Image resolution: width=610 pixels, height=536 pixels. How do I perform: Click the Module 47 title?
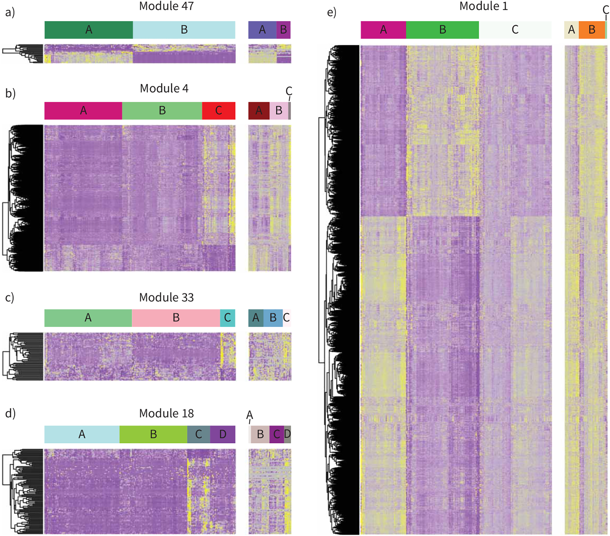166,6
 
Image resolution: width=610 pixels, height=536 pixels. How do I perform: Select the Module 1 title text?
483,6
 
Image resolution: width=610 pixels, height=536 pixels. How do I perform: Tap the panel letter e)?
331,12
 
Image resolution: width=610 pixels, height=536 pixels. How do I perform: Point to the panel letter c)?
10,297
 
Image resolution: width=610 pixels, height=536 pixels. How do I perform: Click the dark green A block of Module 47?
89,30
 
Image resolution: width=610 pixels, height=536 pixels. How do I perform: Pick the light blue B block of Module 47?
184,30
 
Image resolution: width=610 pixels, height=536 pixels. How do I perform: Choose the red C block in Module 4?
219,111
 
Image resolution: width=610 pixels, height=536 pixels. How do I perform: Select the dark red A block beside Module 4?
259,111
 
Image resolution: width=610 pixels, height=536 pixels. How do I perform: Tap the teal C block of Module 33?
227,318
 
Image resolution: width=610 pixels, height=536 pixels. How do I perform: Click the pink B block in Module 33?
176,318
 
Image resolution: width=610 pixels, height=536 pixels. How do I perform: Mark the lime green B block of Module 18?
153,434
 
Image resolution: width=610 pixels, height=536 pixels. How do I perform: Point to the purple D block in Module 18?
223,434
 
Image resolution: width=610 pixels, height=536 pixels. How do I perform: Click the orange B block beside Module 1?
592,30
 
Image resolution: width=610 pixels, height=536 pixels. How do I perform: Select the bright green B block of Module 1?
442,30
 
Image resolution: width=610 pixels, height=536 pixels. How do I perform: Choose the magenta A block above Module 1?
383,30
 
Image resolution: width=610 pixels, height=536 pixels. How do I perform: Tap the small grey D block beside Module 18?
287,434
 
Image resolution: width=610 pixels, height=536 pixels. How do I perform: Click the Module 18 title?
166,413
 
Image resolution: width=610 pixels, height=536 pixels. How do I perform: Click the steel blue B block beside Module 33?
273,318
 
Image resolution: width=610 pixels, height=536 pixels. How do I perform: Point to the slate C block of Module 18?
199,434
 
